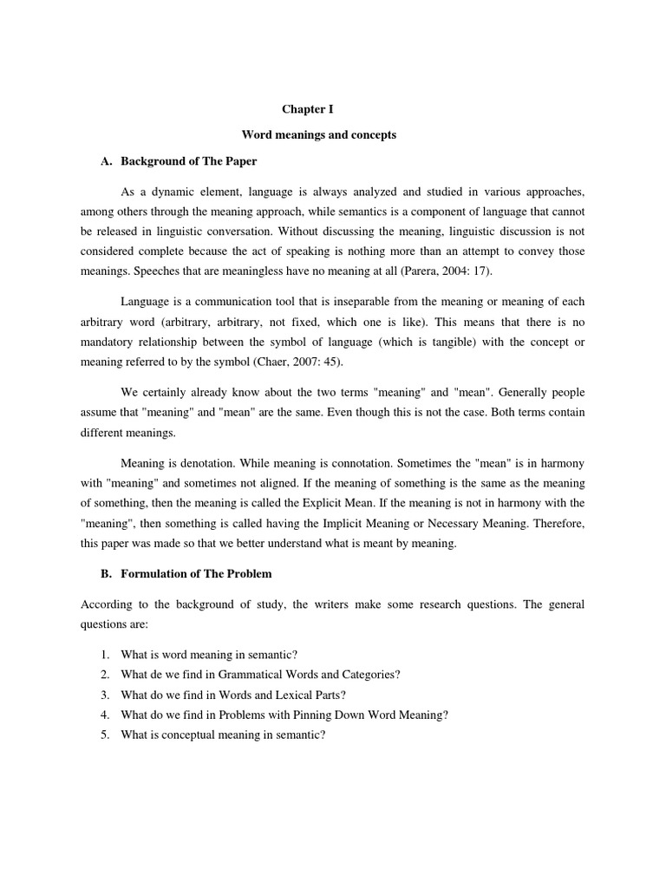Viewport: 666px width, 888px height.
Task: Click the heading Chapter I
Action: pos(308,110)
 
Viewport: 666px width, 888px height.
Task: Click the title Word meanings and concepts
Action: pos(317,135)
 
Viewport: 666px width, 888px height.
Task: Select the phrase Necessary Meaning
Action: pos(493,524)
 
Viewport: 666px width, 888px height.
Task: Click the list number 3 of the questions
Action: pos(104,695)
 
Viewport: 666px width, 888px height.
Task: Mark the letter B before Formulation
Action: pos(105,574)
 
